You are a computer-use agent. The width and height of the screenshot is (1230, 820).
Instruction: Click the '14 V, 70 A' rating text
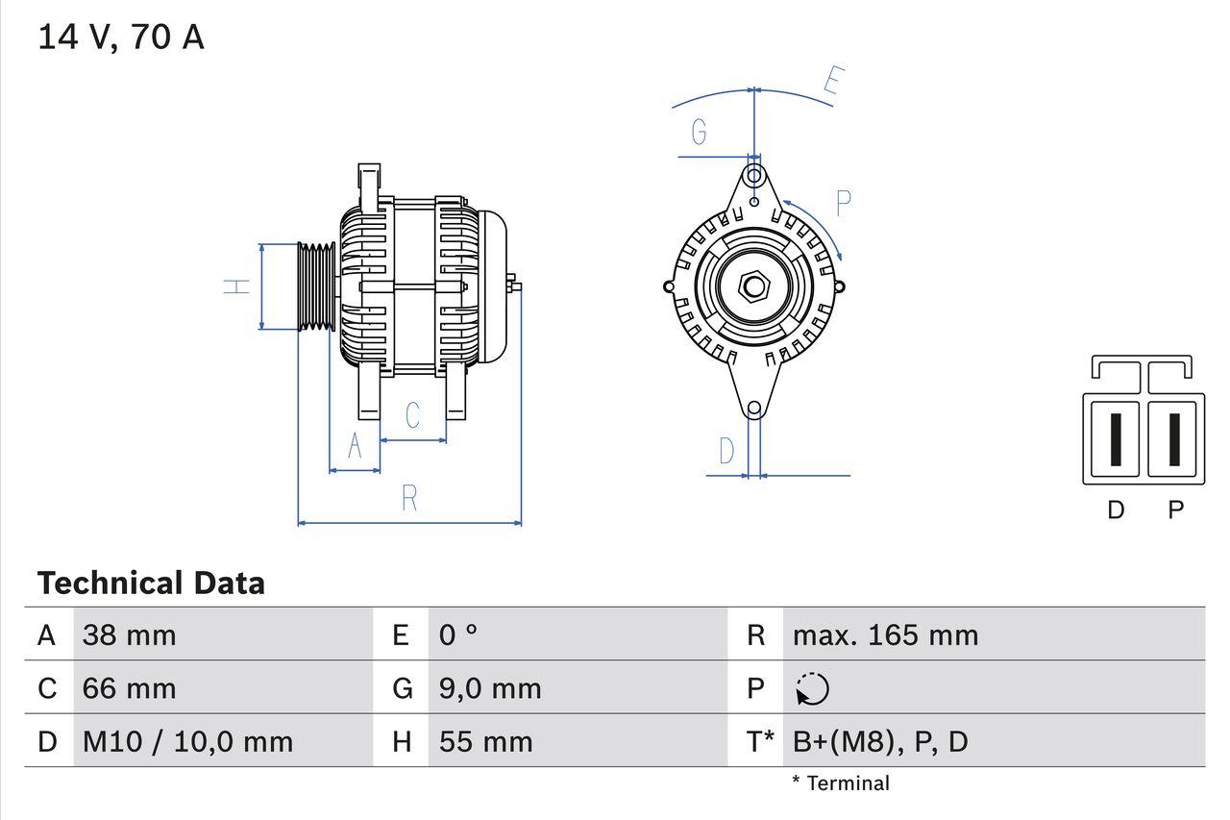click(121, 37)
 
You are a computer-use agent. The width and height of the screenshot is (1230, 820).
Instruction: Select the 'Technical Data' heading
click(151, 584)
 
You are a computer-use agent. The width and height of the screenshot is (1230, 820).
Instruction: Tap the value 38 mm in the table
click(130, 635)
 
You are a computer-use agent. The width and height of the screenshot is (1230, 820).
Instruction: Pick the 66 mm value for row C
click(130, 688)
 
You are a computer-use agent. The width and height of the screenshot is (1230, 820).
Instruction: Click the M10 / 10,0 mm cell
click(187, 741)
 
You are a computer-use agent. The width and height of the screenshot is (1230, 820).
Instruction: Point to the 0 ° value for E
click(458, 635)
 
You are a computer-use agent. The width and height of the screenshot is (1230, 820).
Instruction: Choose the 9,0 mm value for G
click(490, 688)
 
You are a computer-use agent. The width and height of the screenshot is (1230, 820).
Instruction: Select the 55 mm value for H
click(485, 741)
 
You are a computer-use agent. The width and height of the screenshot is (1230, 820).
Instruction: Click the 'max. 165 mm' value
click(885, 635)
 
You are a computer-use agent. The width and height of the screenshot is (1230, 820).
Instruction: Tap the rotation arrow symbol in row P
click(812, 689)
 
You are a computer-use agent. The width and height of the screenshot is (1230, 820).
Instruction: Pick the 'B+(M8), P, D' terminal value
click(880, 741)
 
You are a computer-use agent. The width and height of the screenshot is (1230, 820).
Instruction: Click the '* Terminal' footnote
click(841, 783)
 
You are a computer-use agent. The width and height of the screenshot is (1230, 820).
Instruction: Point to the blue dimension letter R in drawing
click(409, 498)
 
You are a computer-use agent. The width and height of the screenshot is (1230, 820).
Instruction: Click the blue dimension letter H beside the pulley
click(236, 286)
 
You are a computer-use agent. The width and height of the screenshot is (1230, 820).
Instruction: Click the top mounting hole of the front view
click(755, 176)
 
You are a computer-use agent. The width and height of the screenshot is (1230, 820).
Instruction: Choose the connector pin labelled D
click(1115, 440)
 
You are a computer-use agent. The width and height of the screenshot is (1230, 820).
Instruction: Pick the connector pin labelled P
click(1174, 440)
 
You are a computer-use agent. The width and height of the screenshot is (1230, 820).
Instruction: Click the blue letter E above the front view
click(833, 84)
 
